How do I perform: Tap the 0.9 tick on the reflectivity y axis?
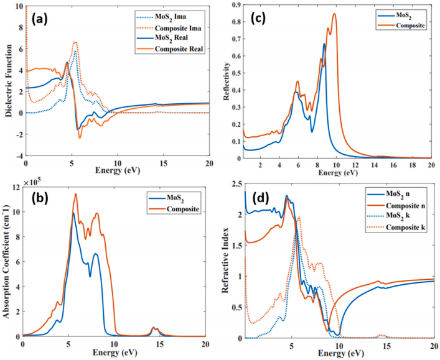(236, 5)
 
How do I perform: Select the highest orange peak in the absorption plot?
(76, 194)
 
